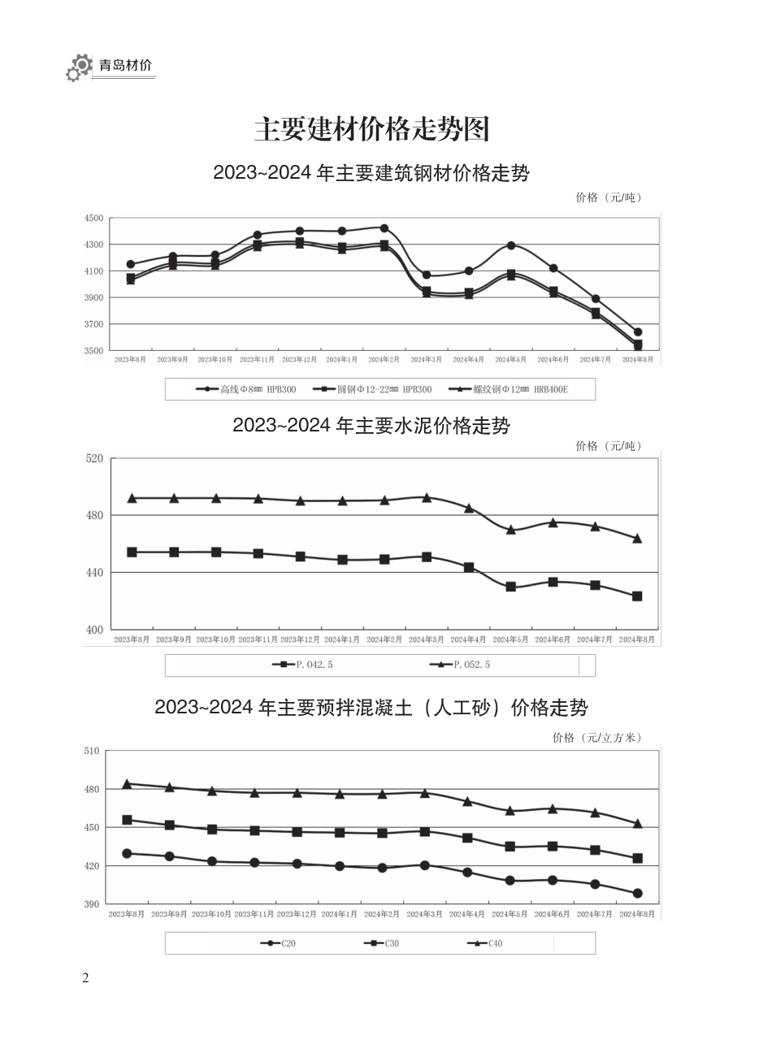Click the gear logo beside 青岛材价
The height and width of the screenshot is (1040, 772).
(x=79, y=67)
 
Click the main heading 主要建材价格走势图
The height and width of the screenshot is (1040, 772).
(x=372, y=129)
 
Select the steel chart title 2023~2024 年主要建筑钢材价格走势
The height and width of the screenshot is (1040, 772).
(x=371, y=173)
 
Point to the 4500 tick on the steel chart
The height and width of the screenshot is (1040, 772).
(x=94, y=218)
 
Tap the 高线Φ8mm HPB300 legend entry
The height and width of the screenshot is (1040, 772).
(x=247, y=389)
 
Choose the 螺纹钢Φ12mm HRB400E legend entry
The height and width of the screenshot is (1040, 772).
(x=510, y=389)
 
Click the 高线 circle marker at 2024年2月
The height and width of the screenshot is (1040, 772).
(x=384, y=228)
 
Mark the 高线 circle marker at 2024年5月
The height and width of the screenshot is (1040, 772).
(x=511, y=245)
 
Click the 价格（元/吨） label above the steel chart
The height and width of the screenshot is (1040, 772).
(x=609, y=197)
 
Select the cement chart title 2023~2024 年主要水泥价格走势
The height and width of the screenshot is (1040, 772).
(x=371, y=426)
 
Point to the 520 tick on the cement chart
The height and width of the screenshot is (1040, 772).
(x=94, y=458)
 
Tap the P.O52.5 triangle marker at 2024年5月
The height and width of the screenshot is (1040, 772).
(x=511, y=530)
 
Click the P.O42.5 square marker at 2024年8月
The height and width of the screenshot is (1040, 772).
(x=637, y=596)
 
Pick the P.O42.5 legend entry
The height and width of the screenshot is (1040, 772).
(x=303, y=665)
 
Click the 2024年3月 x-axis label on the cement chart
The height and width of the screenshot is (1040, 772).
(x=427, y=639)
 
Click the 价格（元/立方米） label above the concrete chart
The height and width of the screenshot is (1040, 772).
(x=597, y=738)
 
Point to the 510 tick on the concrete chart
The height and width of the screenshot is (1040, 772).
(x=91, y=751)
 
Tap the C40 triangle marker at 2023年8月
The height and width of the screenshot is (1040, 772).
(x=127, y=784)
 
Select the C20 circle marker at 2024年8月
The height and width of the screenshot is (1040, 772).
(x=637, y=894)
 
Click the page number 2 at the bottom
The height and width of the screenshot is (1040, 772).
(x=85, y=977)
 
